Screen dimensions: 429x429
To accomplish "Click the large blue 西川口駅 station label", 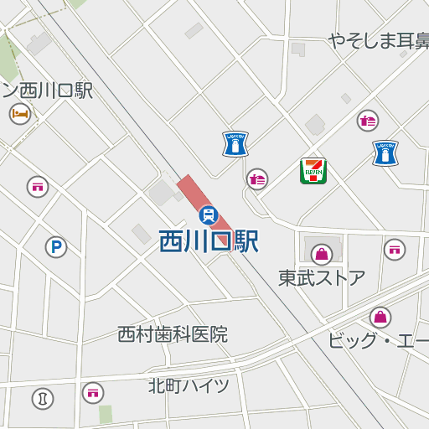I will click(209, 242).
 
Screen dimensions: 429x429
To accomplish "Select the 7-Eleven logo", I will click(313, 171).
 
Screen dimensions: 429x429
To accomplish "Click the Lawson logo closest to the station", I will click(235, 144).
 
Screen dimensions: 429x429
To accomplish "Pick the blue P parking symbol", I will click(56, 247).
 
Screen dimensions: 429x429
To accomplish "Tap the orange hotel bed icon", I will click(20, 113).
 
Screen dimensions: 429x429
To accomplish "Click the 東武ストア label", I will click(322, 277).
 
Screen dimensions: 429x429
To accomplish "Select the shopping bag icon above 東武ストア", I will click(322, 254).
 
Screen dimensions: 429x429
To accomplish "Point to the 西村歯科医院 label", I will click(173, 334).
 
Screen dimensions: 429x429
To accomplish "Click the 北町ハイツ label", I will click(189, 385).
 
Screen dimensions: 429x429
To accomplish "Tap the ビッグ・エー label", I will click(377, 341).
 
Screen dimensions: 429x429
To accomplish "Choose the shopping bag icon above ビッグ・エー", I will click(380, 318).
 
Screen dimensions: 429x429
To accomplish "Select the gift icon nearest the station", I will click(257, 178).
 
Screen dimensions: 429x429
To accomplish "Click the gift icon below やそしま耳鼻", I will click(367, 121).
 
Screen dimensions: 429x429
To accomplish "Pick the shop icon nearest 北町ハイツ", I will click(93, 391).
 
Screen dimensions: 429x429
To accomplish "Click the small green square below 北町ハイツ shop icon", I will click(105, 414).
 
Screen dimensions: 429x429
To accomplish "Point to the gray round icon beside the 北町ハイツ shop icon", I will click(43, 398).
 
